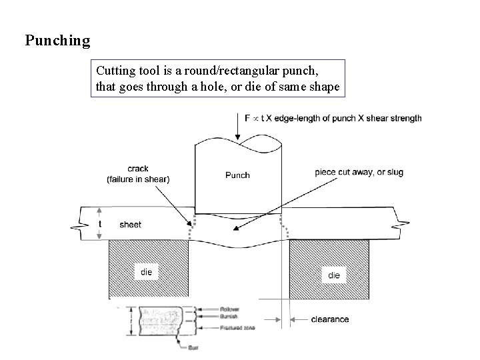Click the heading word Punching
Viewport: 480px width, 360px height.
pos(57,41)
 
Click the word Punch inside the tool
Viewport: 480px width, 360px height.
pos(237,175)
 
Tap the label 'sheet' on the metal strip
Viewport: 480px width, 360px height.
pos(130,225)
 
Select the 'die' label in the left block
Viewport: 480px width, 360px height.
pos(147,272)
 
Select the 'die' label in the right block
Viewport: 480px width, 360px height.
pos(333,275)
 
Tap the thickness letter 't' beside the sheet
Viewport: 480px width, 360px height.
pos(100,224)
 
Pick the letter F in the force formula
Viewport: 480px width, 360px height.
pos(248,118)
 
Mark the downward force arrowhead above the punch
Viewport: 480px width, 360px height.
pos(238,135)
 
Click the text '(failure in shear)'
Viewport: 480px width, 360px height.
pos(138,179)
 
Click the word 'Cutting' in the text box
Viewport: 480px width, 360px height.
pos(114,69)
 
